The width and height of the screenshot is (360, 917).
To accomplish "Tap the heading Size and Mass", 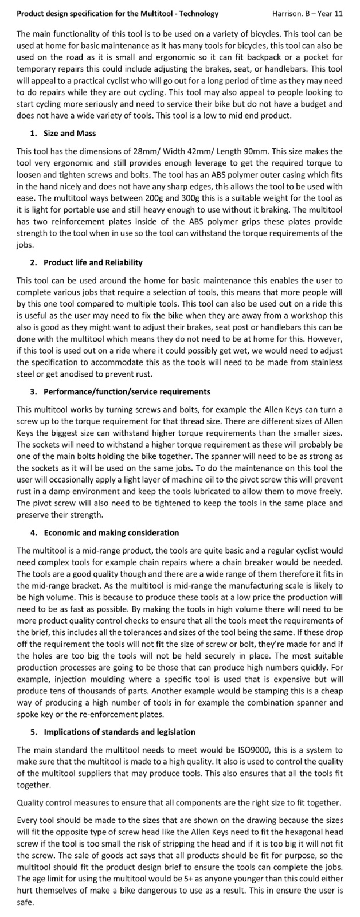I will [70, 134].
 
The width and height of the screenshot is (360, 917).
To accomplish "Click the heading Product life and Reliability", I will [93, 262].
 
